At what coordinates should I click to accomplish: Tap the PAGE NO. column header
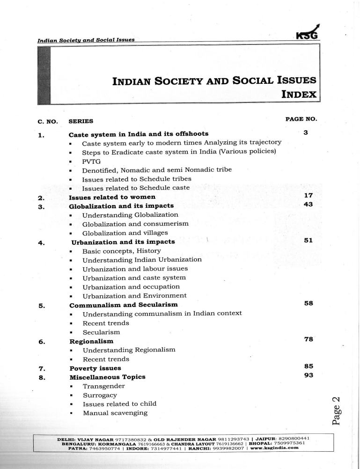pos(301,119)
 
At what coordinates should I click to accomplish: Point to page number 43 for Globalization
pos(308,205)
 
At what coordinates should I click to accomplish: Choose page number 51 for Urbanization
pos(308,241)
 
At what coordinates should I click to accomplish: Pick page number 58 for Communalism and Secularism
pos(308,303)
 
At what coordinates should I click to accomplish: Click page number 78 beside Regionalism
pos(308,339)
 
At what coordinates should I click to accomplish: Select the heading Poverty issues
pos(95,368)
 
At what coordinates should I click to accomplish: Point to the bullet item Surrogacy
pos(100,395)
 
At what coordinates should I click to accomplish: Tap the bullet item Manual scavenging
pos(115,413)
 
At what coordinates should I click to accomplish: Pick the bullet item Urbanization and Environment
pos(134,296)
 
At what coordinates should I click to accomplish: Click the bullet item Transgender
pos(103,386)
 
